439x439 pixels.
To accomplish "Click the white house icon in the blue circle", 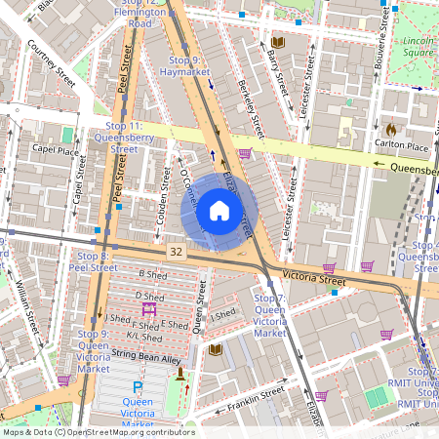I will [x=219, y=210].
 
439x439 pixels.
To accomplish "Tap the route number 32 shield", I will [x=176, y=251].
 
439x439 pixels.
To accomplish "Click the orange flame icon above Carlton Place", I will [x=391, y=128].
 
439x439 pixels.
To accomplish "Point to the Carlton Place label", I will [x=404, y=146].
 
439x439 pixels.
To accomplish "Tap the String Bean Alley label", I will [x=146, y=359].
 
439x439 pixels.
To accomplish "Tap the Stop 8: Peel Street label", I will [x=97, y=260].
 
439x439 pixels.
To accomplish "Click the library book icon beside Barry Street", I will [x=278, y=43].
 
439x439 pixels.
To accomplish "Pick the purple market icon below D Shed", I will [x=149, y=308].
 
